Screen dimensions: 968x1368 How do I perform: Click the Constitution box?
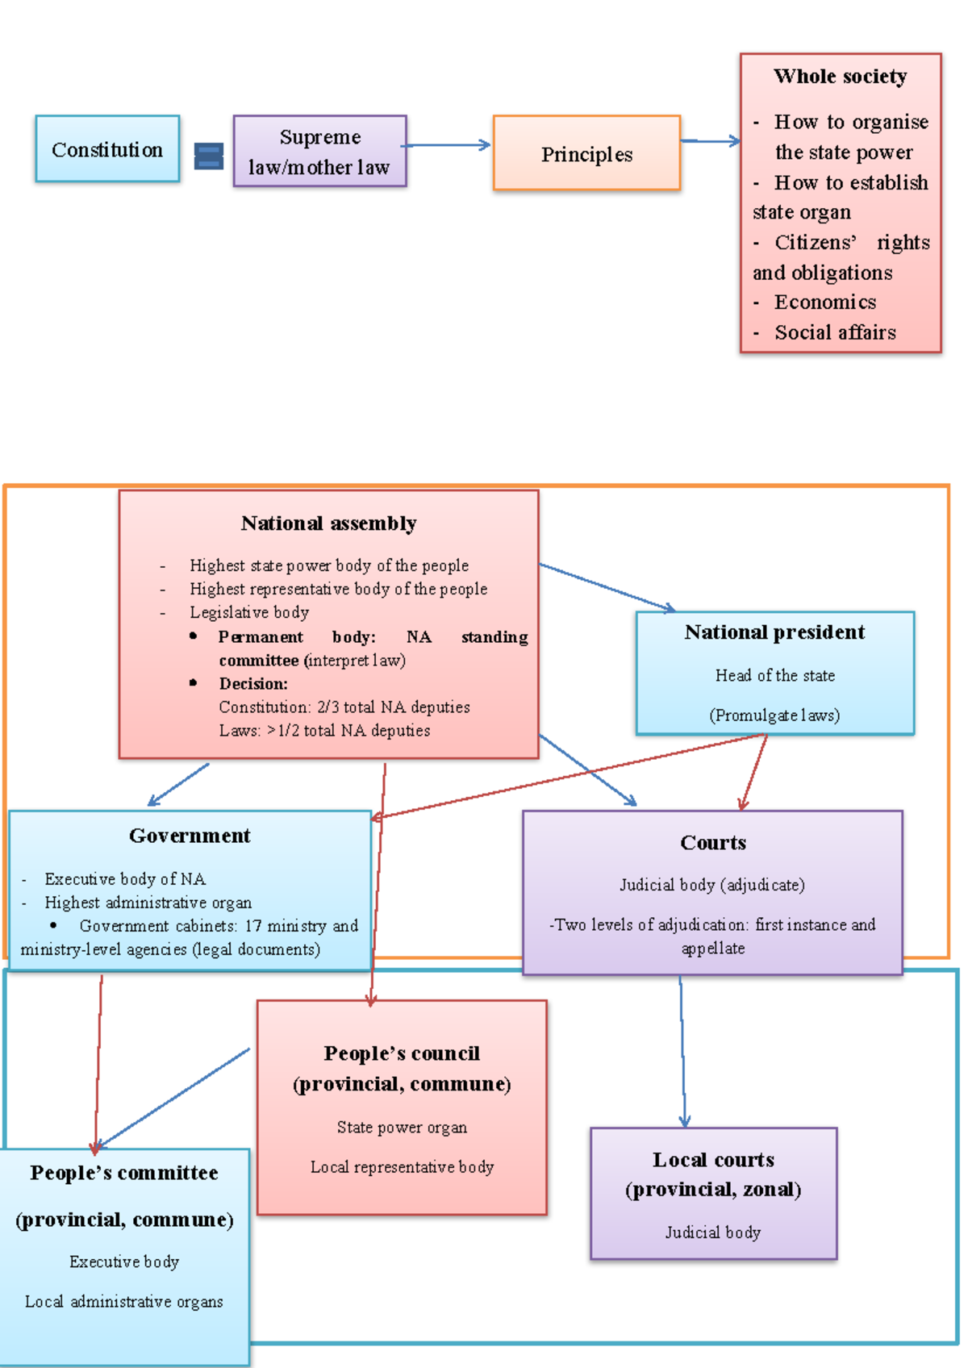point(107,148)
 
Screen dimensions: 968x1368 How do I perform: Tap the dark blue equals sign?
point(208,156)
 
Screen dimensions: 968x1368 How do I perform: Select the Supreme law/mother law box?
point(320,151)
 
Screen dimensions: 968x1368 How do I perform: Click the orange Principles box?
point(587,152)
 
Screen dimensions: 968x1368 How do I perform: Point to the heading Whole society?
point(841,77)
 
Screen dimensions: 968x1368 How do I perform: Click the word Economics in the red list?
point(825,302)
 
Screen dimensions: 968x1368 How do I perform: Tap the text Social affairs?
point(835,332)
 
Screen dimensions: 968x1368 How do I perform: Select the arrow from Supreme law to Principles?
point(446,145)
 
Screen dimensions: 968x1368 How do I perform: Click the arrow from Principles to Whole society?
point(711,141)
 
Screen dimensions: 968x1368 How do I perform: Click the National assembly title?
point(328,523)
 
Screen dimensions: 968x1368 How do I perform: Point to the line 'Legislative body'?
point(249,612)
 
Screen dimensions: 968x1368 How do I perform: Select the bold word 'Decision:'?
point(253,683)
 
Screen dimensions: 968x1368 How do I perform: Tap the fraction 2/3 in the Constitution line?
point(328,707)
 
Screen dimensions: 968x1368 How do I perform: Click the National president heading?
point(774,632)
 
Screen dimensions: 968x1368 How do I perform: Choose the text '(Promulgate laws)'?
point(774,715)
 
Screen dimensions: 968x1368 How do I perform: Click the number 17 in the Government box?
point(252,926)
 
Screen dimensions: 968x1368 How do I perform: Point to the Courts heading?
point(713,843)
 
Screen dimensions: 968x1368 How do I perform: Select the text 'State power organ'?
point(402,1128)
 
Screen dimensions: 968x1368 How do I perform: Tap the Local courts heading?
point(713,1160)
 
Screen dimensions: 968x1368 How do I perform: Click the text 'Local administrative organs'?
point(124,1301)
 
